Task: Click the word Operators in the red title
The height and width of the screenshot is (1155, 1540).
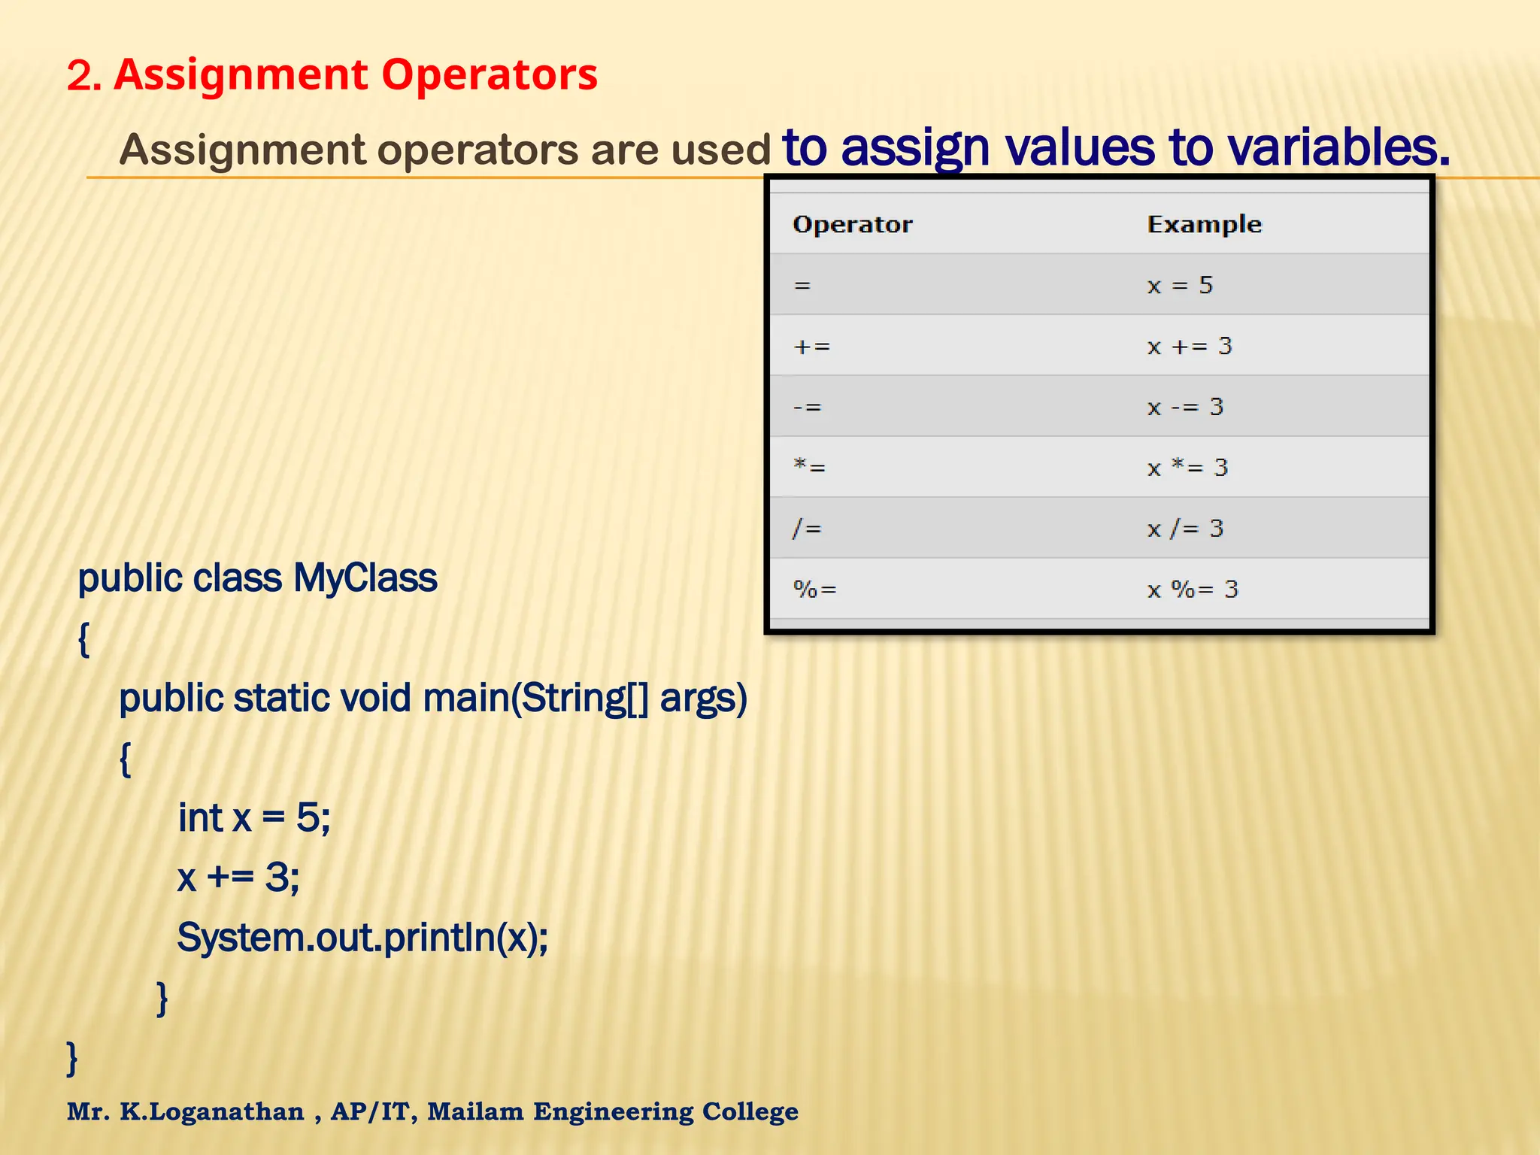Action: [489, 75]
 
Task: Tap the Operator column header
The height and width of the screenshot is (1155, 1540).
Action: [852, 224]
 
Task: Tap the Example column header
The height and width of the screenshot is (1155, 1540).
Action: [1204, 224]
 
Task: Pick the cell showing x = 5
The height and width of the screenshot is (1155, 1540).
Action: [1180, 285]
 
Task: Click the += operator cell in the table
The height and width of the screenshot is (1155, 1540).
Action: [812, 347]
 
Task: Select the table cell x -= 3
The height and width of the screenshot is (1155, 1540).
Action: [1185, 407]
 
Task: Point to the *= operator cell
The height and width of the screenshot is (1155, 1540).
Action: [810, 468]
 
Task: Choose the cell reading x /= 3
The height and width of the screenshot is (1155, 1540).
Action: [1185, 529]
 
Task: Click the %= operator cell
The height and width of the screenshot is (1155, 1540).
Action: [815, 590]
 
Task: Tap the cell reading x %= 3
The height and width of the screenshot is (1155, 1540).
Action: [1193, 590]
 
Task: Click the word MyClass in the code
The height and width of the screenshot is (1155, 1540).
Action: [365, 578]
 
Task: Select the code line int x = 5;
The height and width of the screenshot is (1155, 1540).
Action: [254, 817]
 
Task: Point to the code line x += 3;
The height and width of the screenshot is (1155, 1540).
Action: [238, 878]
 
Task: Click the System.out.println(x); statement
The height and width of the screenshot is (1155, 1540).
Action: [362, 938]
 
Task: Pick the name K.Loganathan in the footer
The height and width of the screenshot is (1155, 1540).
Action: [212, 1111]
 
